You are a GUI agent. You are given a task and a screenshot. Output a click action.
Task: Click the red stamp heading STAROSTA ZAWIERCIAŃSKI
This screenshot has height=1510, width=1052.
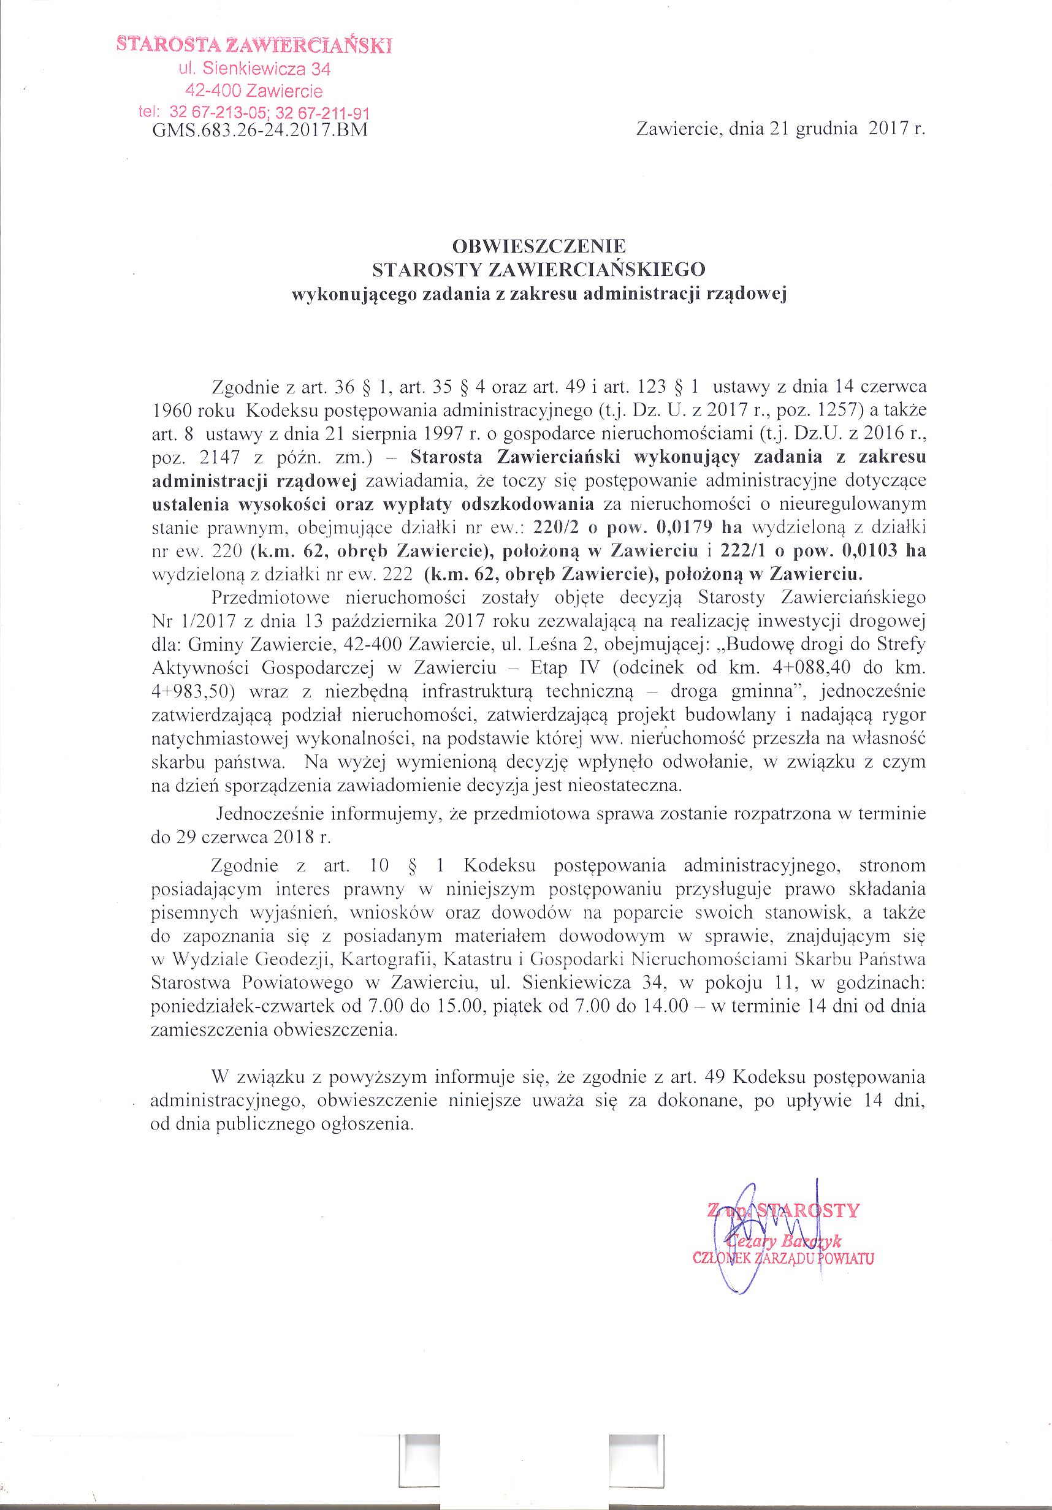coord(254,45)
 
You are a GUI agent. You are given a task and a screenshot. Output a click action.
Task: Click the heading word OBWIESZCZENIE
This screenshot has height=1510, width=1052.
coord(539,246)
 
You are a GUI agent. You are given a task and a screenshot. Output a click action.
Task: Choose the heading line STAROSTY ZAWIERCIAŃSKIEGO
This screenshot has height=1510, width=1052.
coord(539,270)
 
